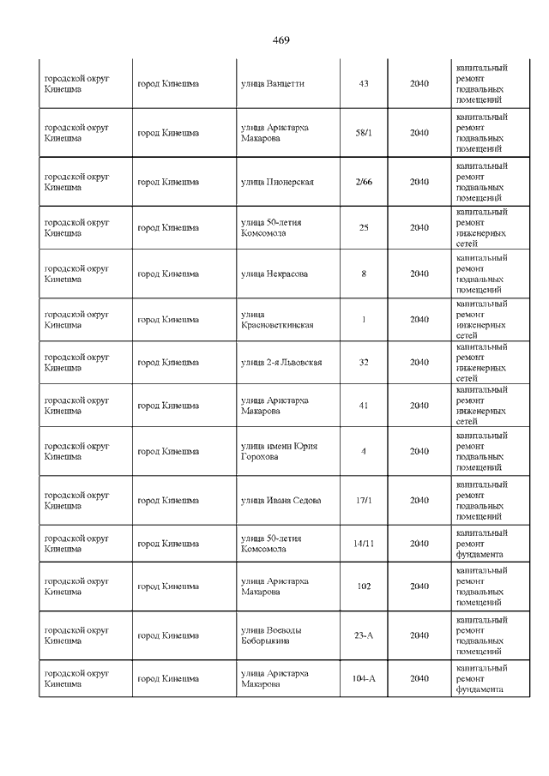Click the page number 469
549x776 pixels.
click(x=281, y=40)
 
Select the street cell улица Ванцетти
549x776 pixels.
click(x=270, y=84)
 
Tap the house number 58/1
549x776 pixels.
click(x=364, y=133)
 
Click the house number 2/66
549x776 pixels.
click(x=364, y=182)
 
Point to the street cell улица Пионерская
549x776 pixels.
click(x=277, y=182)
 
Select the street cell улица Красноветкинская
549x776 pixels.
click(x=277, y=320)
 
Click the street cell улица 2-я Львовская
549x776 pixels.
click(x=281, y=363)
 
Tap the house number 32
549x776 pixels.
click(x=364, y=363)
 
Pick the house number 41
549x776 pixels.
click(x=364, y=406)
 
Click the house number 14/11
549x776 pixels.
click(x=364, y=544)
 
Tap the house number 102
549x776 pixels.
click(x=364, y=587)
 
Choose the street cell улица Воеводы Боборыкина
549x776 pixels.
click(x=273, y=635)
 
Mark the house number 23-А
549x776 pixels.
click(x=364, y=635)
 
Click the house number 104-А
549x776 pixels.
click(x=364, y=678)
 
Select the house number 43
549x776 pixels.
click(x=364, y=84)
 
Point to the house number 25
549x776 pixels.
click(x=364, y=228)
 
